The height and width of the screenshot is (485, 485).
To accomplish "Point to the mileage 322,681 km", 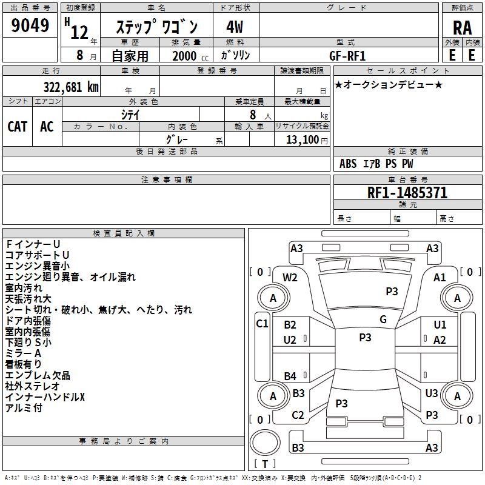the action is (x=71, y=87).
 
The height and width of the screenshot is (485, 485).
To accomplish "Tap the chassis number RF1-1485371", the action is (x=407, y=193).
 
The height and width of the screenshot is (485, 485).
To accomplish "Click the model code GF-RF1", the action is (x=347, y=56).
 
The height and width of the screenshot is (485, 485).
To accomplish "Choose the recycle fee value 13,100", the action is (x=302, y=140).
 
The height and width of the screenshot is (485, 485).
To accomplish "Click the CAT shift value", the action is (x=18, y=126).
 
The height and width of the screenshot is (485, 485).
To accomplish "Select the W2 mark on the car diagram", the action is (x=290, y=278).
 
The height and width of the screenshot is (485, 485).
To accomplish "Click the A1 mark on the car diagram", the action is (x=440, y=278).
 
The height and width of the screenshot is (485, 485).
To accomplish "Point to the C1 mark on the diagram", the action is (x=262, y=324).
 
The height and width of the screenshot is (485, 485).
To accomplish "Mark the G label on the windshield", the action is (x=383, y=319).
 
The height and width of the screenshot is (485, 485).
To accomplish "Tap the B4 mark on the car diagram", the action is (x=290, y=376).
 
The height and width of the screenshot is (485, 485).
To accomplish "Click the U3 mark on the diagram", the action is (x=432, y=393).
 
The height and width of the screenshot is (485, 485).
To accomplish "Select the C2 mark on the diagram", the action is (x=298, y=415).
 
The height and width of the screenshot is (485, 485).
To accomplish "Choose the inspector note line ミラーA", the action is (x=23, y=353).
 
